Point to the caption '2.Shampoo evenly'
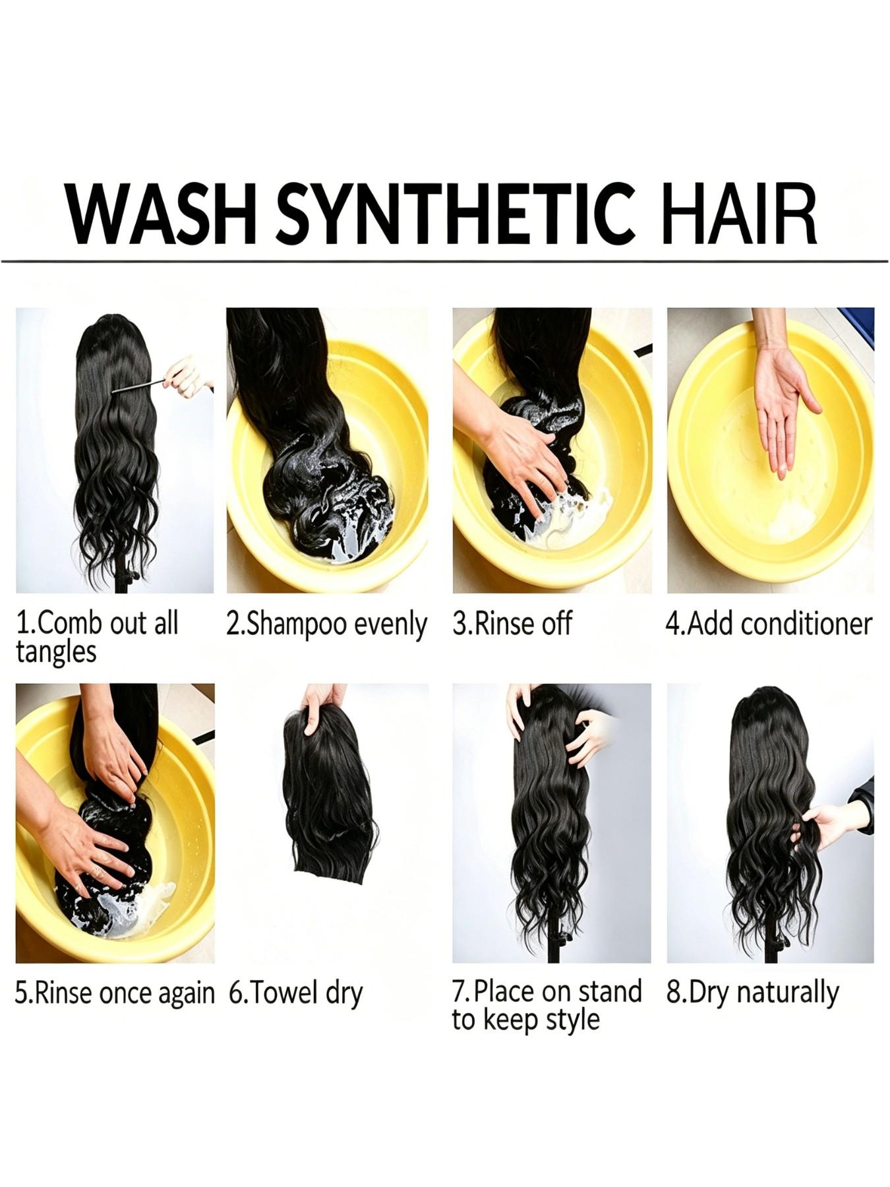(326, 624)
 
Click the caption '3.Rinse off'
(512, 623)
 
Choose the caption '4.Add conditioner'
(769, 623)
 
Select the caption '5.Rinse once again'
(115, 992)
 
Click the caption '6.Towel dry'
(296, 992)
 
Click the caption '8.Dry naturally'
(752, 992)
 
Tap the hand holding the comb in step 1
(187, 376)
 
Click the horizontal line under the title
(445, 262)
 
